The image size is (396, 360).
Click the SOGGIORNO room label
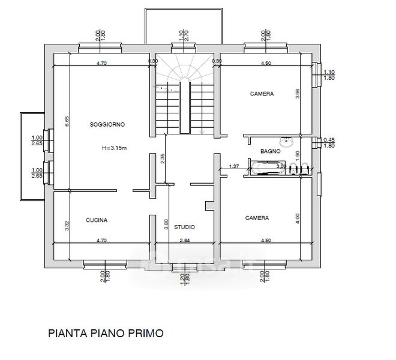[107, 125]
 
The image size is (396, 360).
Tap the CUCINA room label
[96, 220]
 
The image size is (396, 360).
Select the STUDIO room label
[184, 227]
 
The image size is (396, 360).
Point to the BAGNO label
[271, 152]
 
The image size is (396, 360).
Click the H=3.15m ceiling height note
[114, 148]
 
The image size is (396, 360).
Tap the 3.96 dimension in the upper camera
[298, 94]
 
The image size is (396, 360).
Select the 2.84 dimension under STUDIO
[185, 240]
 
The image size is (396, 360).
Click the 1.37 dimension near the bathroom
[235, 166]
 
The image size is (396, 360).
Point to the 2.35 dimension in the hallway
[163, 159]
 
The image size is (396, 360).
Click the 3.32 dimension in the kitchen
[68, 226]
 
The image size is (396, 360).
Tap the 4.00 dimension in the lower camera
[298, 219]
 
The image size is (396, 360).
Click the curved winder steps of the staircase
[186, 75]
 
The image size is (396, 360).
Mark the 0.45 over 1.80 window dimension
[328, 143]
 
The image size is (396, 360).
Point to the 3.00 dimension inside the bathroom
[264, 166]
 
